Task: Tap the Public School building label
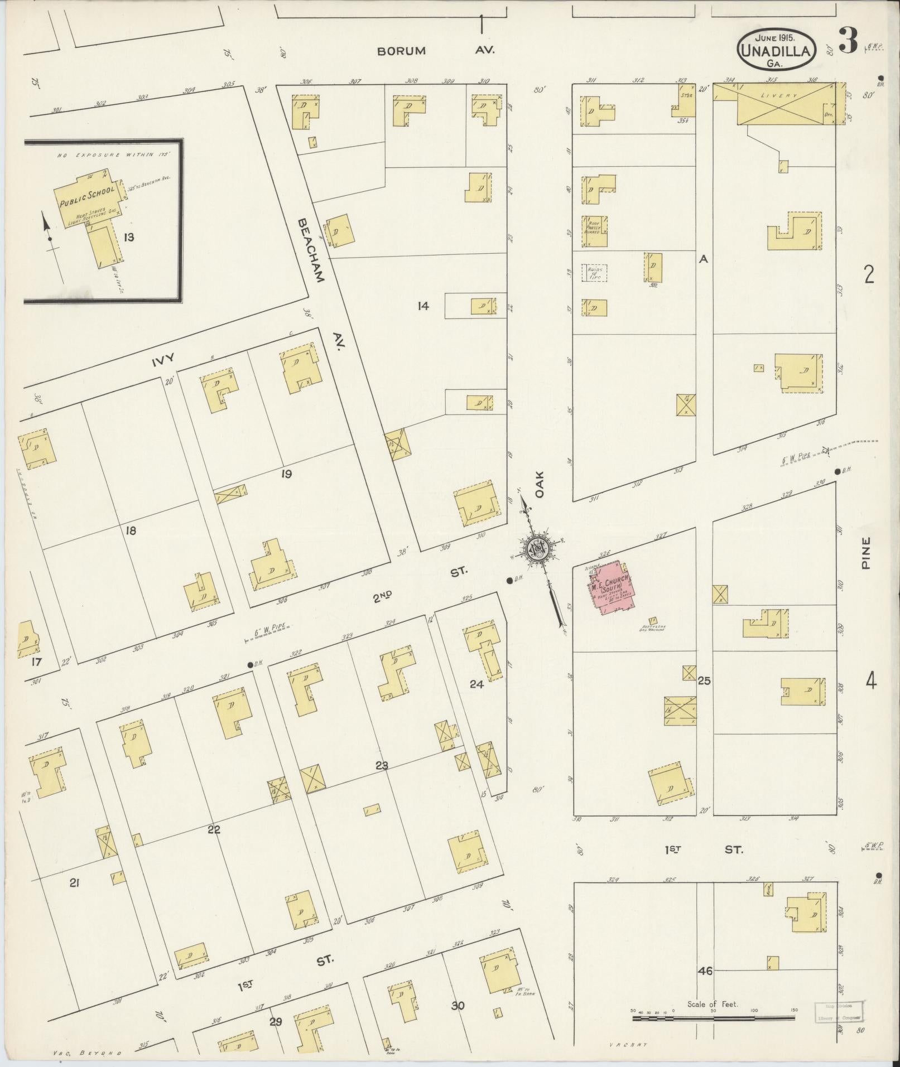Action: coord(87,195)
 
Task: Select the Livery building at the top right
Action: coord(786,103)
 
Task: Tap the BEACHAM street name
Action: coord(310,249)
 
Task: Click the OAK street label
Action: coord(540,482)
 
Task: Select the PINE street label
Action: coord(865,552)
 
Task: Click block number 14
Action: coord(423,305)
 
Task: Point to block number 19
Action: coord(287,474)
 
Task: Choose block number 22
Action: coord(214,829)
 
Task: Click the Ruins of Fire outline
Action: coord(594,272)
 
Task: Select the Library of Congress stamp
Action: coord(839,1011)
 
